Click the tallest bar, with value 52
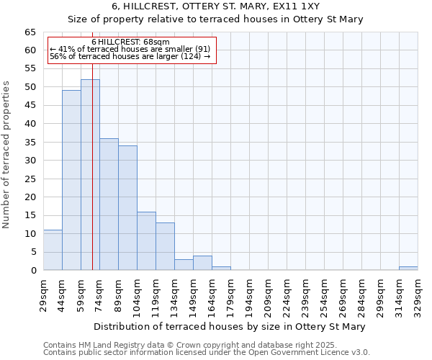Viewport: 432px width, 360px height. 90,175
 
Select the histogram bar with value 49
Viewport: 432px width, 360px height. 71,180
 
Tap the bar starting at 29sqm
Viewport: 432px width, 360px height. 53,250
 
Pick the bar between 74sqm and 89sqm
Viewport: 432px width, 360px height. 109,204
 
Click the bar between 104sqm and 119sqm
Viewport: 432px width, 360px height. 146,241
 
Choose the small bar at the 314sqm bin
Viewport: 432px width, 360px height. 408,269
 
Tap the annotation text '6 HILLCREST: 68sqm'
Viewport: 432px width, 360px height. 131,42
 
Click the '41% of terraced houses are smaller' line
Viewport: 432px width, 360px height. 130,49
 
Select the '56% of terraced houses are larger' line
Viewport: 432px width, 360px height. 130,56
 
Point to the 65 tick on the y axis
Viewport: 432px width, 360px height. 30,32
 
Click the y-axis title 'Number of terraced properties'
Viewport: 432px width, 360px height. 7,154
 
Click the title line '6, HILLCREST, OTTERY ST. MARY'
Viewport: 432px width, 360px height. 215,6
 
